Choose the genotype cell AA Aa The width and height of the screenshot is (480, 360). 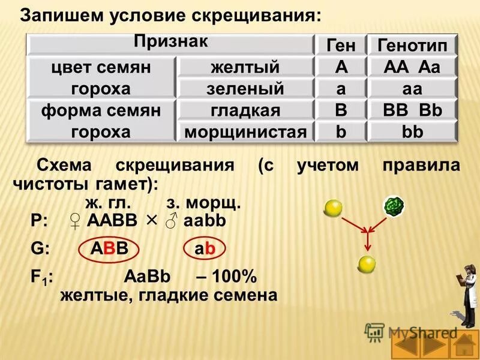pos(412,67)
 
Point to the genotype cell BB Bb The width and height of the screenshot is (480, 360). pos(412,110)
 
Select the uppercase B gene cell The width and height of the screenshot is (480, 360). pos(341,110)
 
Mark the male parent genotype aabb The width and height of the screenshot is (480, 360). pos(204,221)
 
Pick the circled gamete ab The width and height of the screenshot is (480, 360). pos(205,250)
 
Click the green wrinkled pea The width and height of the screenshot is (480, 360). pos(394,205)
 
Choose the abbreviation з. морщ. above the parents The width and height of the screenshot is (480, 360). pos(203,203)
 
